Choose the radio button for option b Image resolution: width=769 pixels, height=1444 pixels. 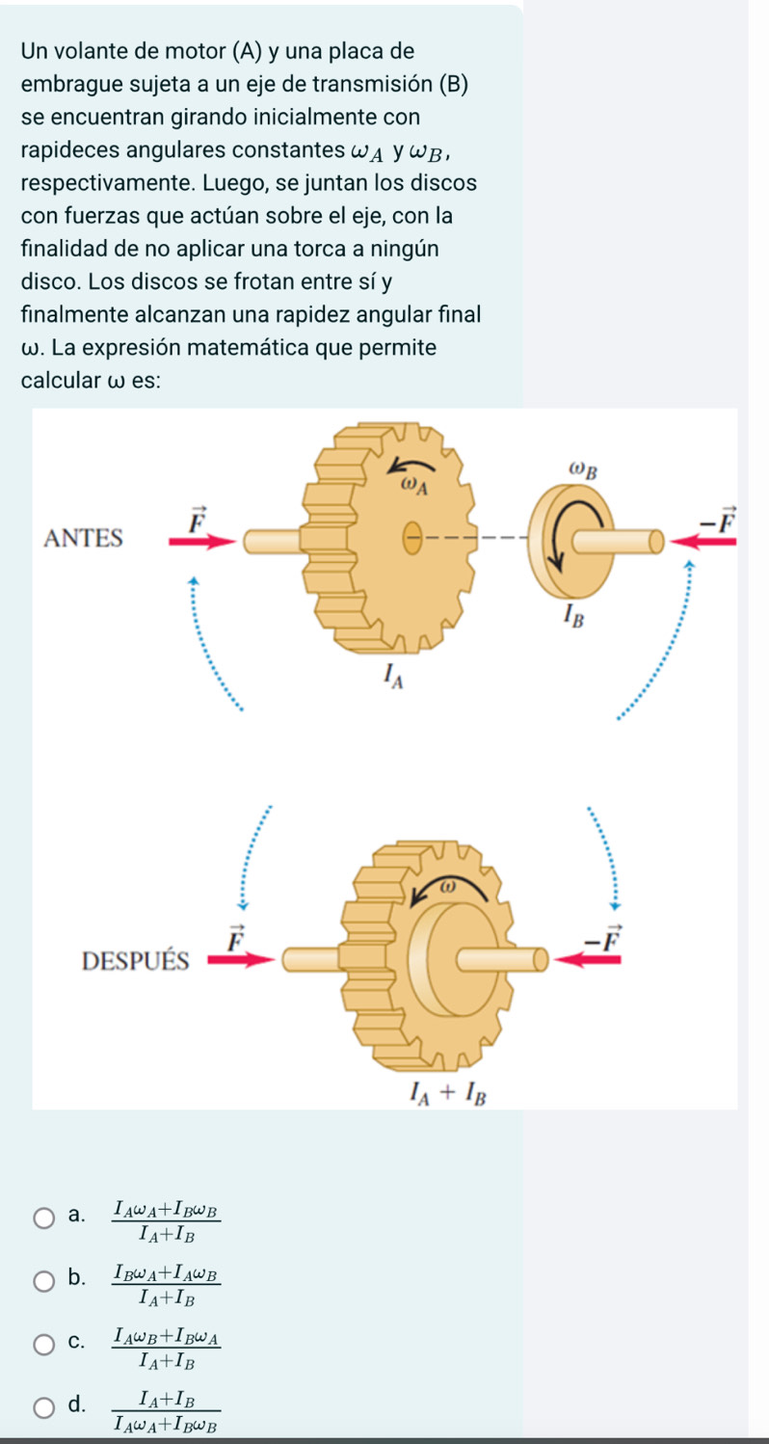tap(44, 1280)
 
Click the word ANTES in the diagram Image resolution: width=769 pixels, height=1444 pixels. tap(84, 539)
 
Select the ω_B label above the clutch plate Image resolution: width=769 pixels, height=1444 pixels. tap(583, 470)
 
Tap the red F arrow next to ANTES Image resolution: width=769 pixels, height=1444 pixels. tap(202, 540)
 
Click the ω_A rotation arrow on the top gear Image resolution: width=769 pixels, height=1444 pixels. tap(406, 468)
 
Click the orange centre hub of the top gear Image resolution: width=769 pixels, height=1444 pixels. tap(411, 540)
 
